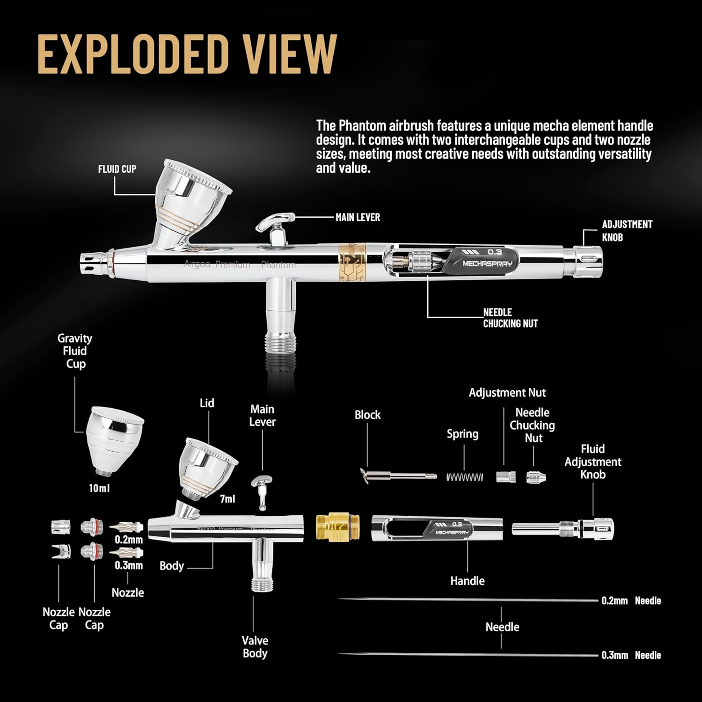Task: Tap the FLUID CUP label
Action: click(117, 169)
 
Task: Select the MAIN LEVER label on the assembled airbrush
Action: click(358, 217)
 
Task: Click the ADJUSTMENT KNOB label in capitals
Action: click(627, 231)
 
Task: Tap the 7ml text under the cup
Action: click(227, 499)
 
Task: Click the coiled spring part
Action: click(465, 477)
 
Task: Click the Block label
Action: click(367, 415)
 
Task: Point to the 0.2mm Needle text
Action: click(631, 600)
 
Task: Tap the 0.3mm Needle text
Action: click(631, 655)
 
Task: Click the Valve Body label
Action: click(255, 647)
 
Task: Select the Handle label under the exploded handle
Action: click(467, 581)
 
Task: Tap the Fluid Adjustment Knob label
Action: click(592, 461)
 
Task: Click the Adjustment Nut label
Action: click(507, 393)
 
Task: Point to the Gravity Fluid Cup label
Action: click(75, 351)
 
